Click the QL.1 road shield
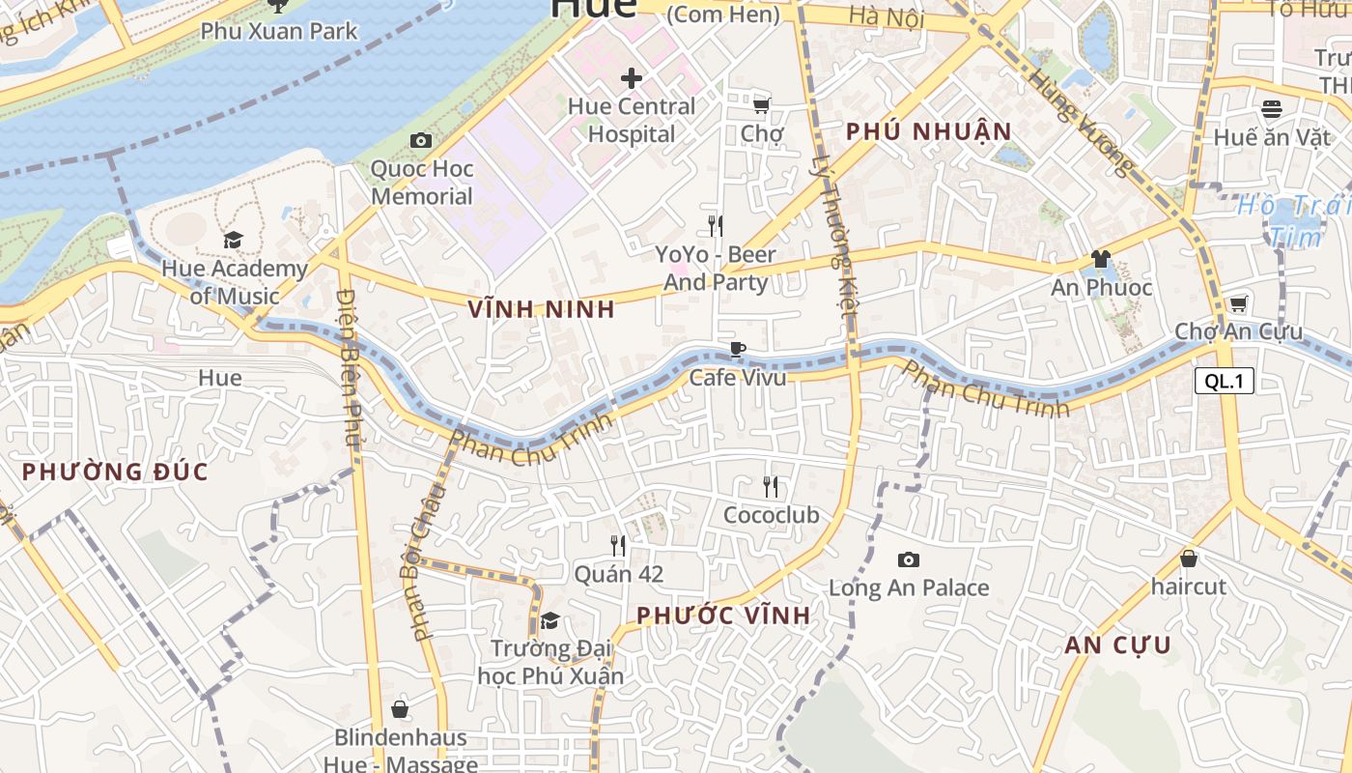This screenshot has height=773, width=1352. [1225, 381]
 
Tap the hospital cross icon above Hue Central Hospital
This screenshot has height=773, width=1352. [632, 77]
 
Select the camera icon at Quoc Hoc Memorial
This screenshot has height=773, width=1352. [420, 141]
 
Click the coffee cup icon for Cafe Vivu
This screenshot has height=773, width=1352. [738, 349]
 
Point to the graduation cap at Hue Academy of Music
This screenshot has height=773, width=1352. [233, 240]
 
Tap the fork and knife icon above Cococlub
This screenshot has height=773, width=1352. [770, 486]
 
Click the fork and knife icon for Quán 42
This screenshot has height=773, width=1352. [618, 546]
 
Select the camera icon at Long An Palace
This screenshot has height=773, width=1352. [908, 559]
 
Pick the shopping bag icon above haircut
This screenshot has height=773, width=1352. [1189, 558]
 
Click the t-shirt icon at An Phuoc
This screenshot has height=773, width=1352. [1100, 258]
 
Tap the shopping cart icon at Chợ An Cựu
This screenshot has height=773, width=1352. [1238, 303]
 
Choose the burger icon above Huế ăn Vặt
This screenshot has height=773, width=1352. [1271, 108]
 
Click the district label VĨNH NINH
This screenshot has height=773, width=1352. [541, 309]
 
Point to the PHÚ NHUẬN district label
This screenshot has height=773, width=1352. [928, 131]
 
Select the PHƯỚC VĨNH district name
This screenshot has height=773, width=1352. [723, 616]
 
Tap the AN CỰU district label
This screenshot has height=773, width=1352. [1117, 645]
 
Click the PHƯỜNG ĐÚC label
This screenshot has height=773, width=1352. [115, 472]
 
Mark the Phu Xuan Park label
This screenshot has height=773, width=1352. [279, 31]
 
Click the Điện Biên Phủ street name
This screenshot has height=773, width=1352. [350, 367]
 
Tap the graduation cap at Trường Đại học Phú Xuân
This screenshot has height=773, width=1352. [550, 620]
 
